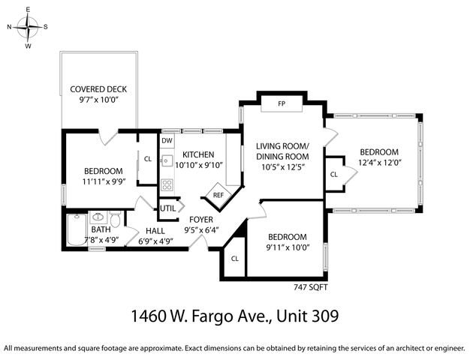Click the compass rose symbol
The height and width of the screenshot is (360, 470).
28,27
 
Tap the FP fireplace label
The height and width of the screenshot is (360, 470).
281,103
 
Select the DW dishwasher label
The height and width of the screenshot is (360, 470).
167,140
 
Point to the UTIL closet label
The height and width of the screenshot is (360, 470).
167,208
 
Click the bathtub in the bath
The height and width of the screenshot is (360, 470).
75,229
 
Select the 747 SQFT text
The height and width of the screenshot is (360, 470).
310,286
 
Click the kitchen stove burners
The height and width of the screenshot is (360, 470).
167,184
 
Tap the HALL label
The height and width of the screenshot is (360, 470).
156,231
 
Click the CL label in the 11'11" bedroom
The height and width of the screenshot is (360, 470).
147,158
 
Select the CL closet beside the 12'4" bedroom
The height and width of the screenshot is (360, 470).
333,174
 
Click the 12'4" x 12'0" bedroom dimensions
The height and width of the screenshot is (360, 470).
376,162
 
